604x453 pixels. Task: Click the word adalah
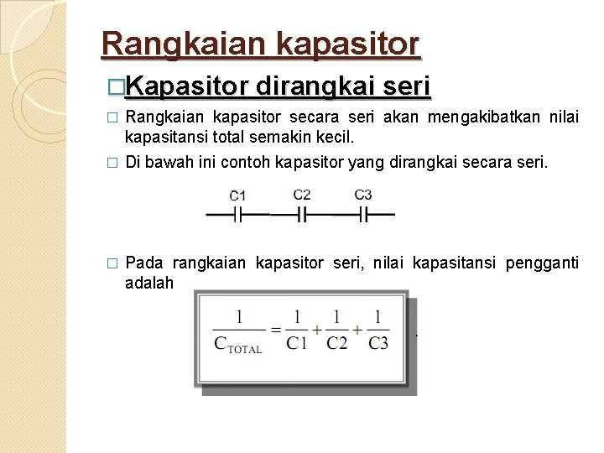[x=149, y=283]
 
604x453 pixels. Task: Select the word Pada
[x=144, y=263]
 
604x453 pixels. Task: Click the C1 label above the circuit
[x=237, y=195]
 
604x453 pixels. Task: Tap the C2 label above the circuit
[x=302, y=195]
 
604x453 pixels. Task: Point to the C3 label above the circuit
[x=363, y=195]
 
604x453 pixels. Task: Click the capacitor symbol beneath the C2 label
[x=302, y=215]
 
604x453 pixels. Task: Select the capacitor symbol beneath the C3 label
[x=363, y=215]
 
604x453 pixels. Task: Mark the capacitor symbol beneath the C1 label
[x=238, y=215]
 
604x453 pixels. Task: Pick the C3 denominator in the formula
[x=377, y=344]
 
